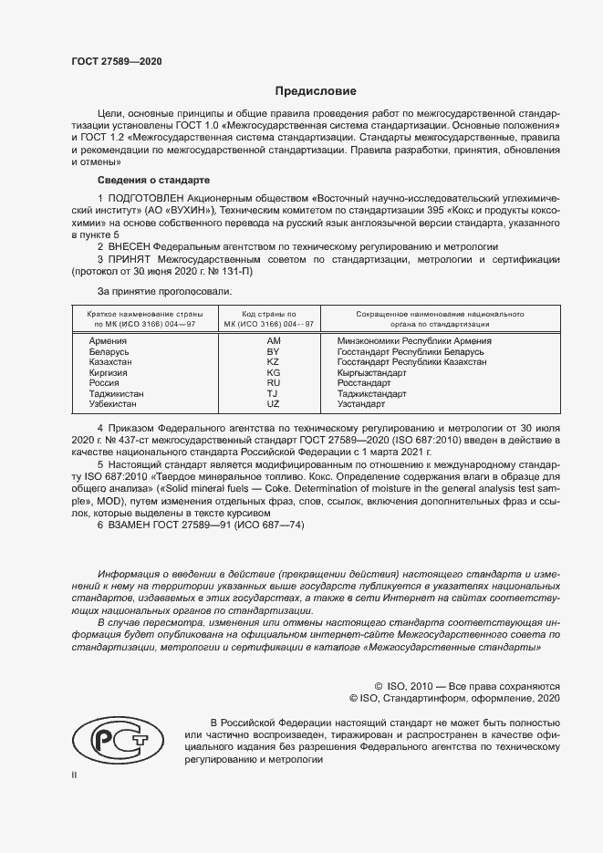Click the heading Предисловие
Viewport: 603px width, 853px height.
[316, 91]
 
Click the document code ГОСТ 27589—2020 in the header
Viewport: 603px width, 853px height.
[116, 62]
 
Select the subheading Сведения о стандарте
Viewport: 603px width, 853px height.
[153, 180]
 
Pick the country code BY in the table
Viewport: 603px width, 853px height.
[272, 350]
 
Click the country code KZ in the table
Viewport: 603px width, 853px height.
[272, 361]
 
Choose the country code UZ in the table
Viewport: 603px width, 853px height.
[272, 403]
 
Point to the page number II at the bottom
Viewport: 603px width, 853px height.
[75, 774]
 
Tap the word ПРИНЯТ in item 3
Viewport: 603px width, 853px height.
[130, 260]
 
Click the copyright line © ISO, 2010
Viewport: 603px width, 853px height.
[467, 685]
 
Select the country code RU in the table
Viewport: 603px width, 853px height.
[272, 383]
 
